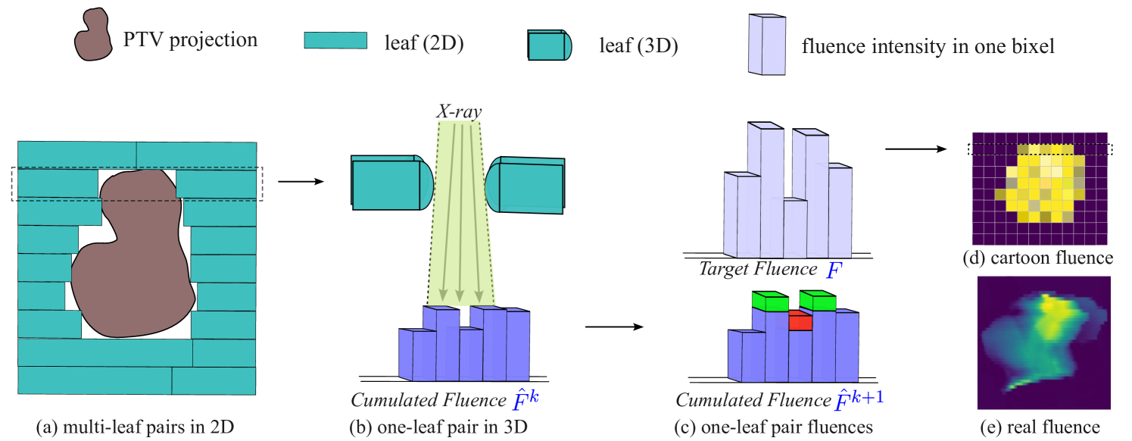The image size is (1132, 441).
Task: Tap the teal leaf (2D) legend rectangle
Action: (335, 41)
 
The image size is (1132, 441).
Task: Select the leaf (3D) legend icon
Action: (549, 45)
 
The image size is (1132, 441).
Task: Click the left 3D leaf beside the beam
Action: (391, 183)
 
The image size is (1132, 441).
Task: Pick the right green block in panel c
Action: (818, 301)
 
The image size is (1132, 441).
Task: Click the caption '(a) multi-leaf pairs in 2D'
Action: (136, 427)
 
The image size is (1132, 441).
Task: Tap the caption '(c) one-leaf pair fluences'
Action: (773, 427)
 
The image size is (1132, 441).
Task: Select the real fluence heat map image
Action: (1043, 342)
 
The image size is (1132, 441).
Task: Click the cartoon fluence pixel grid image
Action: (1040, 189)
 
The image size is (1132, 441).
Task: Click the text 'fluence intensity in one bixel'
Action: (928, 47)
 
